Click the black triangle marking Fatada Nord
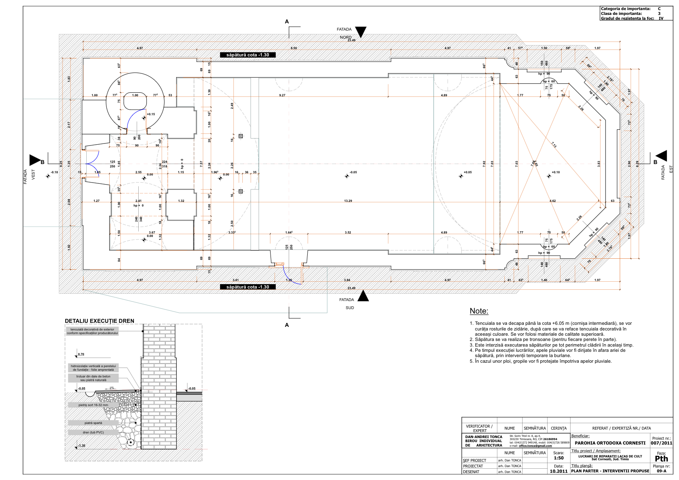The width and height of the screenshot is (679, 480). [360, 32]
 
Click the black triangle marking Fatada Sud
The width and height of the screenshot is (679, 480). [363, 296]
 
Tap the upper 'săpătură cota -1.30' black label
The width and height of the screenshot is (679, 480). [248, 55]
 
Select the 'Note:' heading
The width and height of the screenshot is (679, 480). [479, 311]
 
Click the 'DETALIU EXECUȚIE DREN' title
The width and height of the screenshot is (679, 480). [100, 321]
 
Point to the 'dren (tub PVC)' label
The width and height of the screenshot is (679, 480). [93, 432]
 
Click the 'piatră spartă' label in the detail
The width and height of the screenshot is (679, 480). [93, 423]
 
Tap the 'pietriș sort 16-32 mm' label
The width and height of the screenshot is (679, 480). [93, 405]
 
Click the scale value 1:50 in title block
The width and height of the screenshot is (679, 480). [558, 458]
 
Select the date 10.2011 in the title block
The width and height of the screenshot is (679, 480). [558, 471]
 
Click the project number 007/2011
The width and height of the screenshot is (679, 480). [661, 443]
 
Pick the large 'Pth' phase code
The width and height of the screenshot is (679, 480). [661, 459]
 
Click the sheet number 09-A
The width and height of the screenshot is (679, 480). [661, 471]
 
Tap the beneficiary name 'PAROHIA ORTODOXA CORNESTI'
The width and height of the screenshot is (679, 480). [610, 443]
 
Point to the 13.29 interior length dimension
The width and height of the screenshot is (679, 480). [348, 201]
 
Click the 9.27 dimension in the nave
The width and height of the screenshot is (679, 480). [282, 95]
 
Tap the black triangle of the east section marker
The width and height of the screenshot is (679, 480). [662, 156]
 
